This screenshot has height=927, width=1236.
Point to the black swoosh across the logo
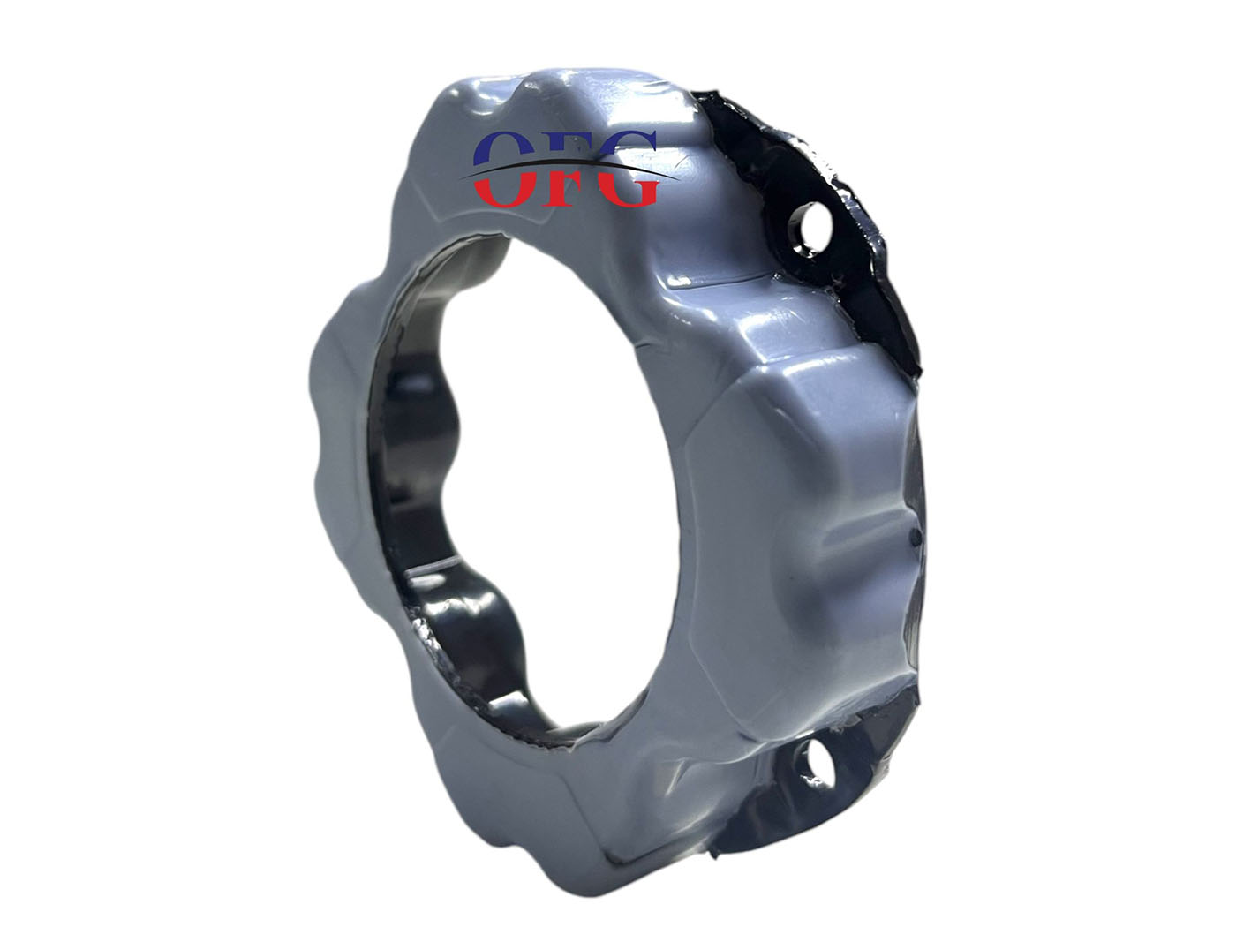(569, 167)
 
